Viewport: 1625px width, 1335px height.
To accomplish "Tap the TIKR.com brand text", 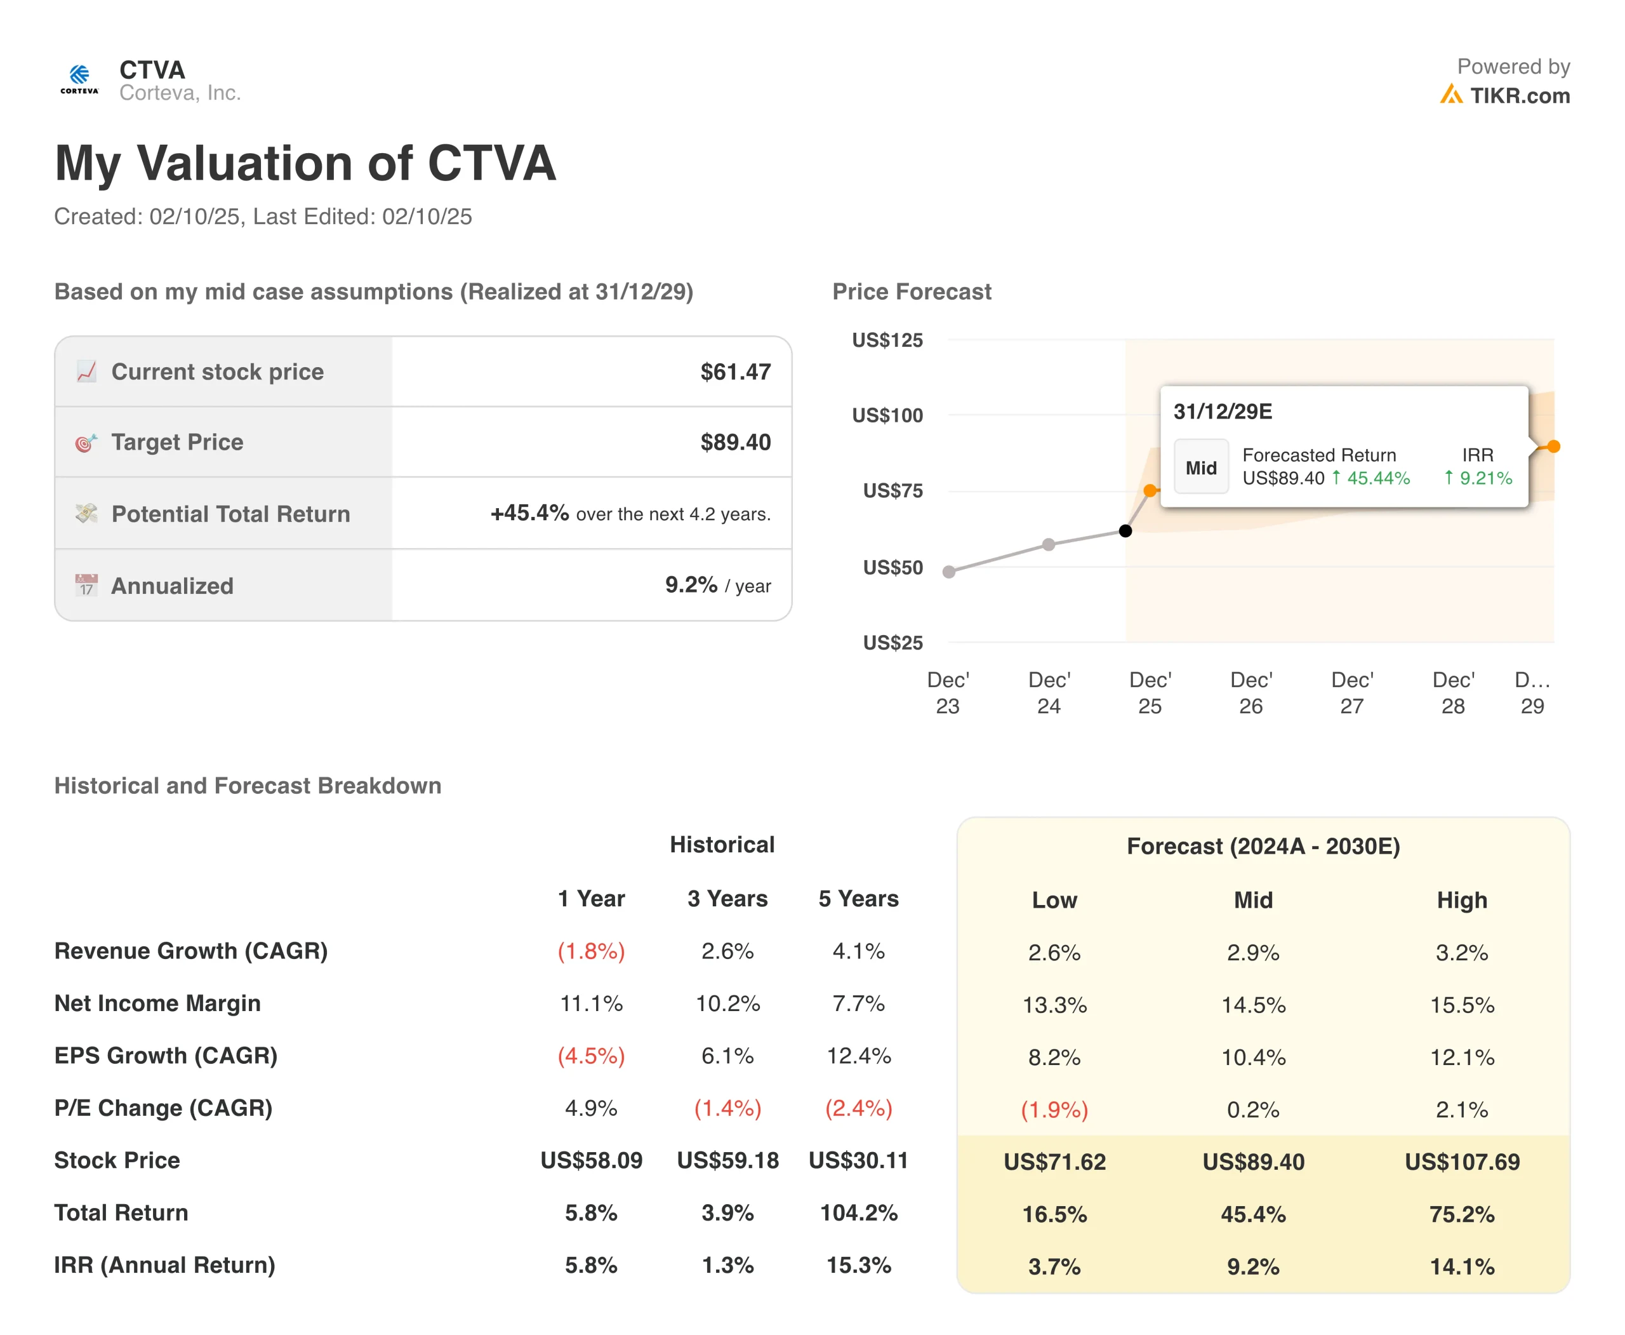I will (1519, 96).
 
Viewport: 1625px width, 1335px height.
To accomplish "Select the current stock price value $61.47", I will (735, 372).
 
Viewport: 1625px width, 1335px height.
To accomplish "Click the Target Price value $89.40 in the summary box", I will (735, 442).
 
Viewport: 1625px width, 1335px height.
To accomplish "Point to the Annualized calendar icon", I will (86, 585).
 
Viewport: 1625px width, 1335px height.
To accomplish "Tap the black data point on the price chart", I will (1125, 530).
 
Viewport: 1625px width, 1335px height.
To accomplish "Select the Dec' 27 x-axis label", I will (1351, 693).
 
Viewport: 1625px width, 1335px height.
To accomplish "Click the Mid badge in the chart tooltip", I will (1201, 467).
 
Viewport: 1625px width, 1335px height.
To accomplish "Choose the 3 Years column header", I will (727, 898).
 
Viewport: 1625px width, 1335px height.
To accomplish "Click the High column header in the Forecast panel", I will (1461, 900).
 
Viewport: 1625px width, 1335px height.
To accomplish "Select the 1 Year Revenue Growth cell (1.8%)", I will (591, 951).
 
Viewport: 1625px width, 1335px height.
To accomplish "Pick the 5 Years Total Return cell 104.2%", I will (859, 1212).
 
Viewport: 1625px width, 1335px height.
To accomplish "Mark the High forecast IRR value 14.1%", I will (1461, 1266).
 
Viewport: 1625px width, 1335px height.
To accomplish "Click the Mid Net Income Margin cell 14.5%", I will (1253, 1005).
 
